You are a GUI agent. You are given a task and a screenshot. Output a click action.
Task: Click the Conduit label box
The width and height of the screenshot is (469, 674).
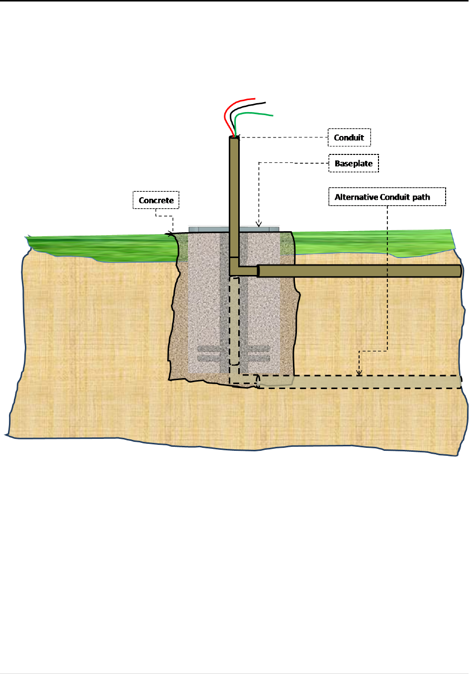click(349, 137)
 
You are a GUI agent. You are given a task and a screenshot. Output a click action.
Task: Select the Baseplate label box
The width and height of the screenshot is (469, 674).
click(354, 163)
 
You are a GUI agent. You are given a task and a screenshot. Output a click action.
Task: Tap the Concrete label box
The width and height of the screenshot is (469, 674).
click(156, 200)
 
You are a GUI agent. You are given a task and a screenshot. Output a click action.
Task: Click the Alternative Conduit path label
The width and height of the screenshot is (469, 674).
click(387, 197)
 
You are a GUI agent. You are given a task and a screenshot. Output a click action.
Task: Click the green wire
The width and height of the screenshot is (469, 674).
click(254, 114)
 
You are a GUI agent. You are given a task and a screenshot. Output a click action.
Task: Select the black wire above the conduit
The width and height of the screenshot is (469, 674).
click(249, 105)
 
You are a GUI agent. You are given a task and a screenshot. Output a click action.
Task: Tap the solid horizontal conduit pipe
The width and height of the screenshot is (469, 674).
click(358, 271)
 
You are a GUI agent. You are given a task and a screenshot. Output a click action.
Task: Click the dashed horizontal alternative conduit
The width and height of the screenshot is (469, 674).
click(358, 382)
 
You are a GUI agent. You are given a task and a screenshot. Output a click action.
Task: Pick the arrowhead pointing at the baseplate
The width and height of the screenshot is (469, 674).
click(259, 225)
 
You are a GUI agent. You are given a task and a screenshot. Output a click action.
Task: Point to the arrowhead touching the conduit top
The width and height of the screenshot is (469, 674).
click(237, 137)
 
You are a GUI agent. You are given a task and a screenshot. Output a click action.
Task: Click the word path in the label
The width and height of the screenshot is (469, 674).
click(421, 197)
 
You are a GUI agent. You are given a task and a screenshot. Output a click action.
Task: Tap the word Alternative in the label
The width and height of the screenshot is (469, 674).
click(357, 197)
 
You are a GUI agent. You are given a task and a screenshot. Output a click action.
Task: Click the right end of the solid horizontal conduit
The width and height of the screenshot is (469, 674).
click(459, 271)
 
